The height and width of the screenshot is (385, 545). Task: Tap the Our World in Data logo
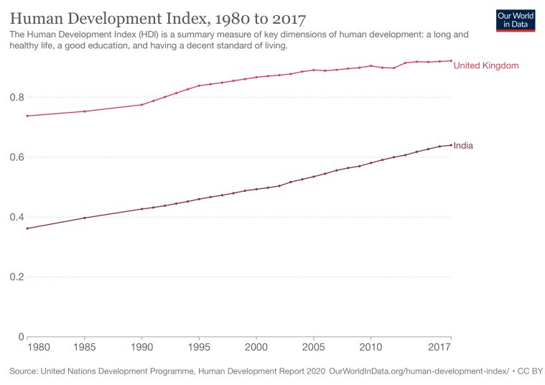coord(516,19)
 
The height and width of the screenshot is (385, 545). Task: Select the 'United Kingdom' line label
coord(486,65)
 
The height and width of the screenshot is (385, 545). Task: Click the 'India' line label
coord(463,146)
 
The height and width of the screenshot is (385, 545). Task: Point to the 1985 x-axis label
coord(85,348)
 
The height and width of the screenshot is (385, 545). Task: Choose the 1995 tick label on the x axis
coord(199,348)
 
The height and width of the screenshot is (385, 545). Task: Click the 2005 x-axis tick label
coord(314,348)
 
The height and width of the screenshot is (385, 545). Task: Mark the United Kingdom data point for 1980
coord(27,116)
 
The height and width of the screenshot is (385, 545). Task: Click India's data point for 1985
coord(85,218)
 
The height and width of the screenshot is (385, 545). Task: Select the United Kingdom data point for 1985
coord(85,111)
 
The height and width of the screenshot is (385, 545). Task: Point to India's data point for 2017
coord(451,145)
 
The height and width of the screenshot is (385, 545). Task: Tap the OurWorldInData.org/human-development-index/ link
coord(418,371)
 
